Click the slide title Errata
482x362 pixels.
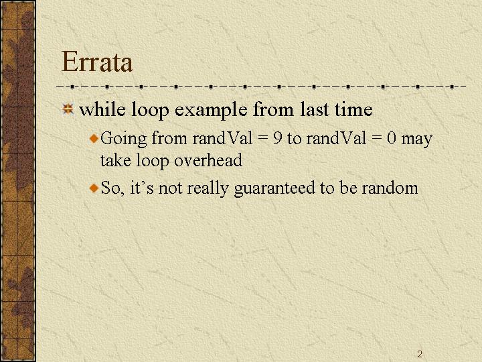tap(97, 62)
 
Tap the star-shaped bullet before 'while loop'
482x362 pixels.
tap(68, 109)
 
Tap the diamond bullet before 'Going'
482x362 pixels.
tap(94, 138)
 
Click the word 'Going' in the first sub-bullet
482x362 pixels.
tap(124, 139)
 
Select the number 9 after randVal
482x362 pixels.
tap(277, 139)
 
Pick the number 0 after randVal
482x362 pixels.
tap(392, 139)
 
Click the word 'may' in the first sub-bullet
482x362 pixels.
tap(417, 140)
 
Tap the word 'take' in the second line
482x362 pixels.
tap(116, 160)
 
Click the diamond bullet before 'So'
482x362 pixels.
tap(94, 188)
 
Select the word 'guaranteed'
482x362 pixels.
tap(274, 188)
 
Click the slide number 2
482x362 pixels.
tap(420, 354)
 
